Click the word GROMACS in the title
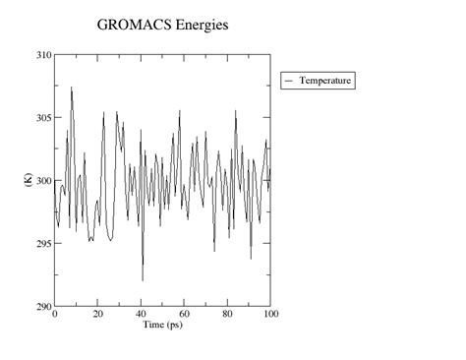(x=132, y=24)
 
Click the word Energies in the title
(x=200, y=25)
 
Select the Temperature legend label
(x=325, y=80)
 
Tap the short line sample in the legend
(x=290, y=80)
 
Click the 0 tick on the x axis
(x=55, y=315)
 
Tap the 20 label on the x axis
(x=98, y=315)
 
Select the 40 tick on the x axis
(x=142, y=315)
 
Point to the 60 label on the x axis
(x=185, y=315)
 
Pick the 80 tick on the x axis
(x=228, y=315)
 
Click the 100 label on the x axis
(x=271, y=315)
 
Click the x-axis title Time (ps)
(x=163, y=326)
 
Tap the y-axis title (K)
(x=29, y=180)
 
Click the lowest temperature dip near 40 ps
(x=143, y=280)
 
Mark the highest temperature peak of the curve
(x=71, y=88)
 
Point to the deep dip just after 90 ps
(x=251, y=259)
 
